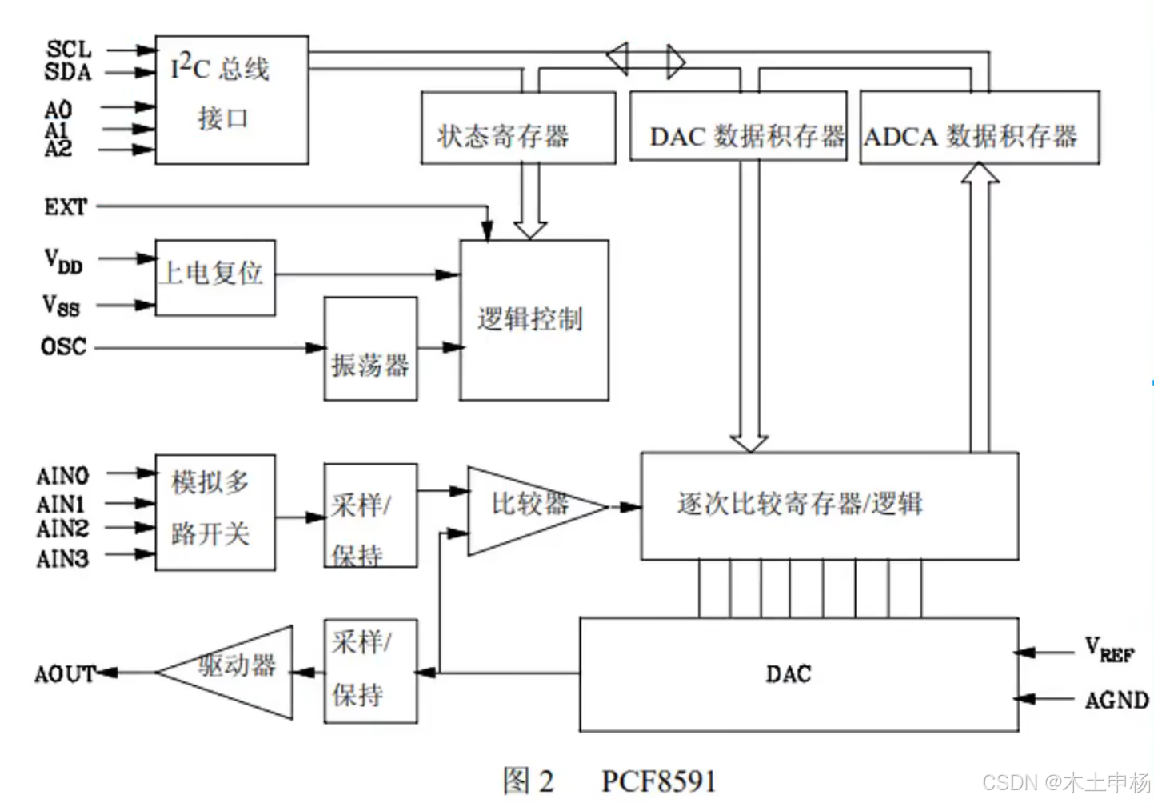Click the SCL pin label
69,50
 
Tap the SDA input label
68,72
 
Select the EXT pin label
66,207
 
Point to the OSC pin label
64,346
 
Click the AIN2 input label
62,529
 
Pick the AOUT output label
64,673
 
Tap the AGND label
1116,701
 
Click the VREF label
1108,649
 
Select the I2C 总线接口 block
231,99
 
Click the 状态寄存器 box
518,128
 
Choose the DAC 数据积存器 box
737,126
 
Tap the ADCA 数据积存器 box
979,128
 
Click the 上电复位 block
214,277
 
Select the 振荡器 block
370,349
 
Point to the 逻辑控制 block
533,320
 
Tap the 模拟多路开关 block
214,512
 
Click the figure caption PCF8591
658,780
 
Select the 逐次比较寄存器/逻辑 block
829,505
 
